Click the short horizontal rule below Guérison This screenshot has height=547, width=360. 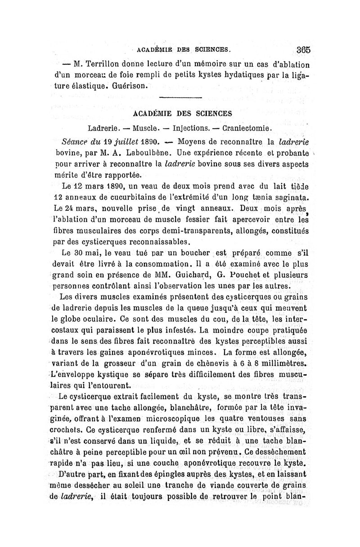click(181, 98)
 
